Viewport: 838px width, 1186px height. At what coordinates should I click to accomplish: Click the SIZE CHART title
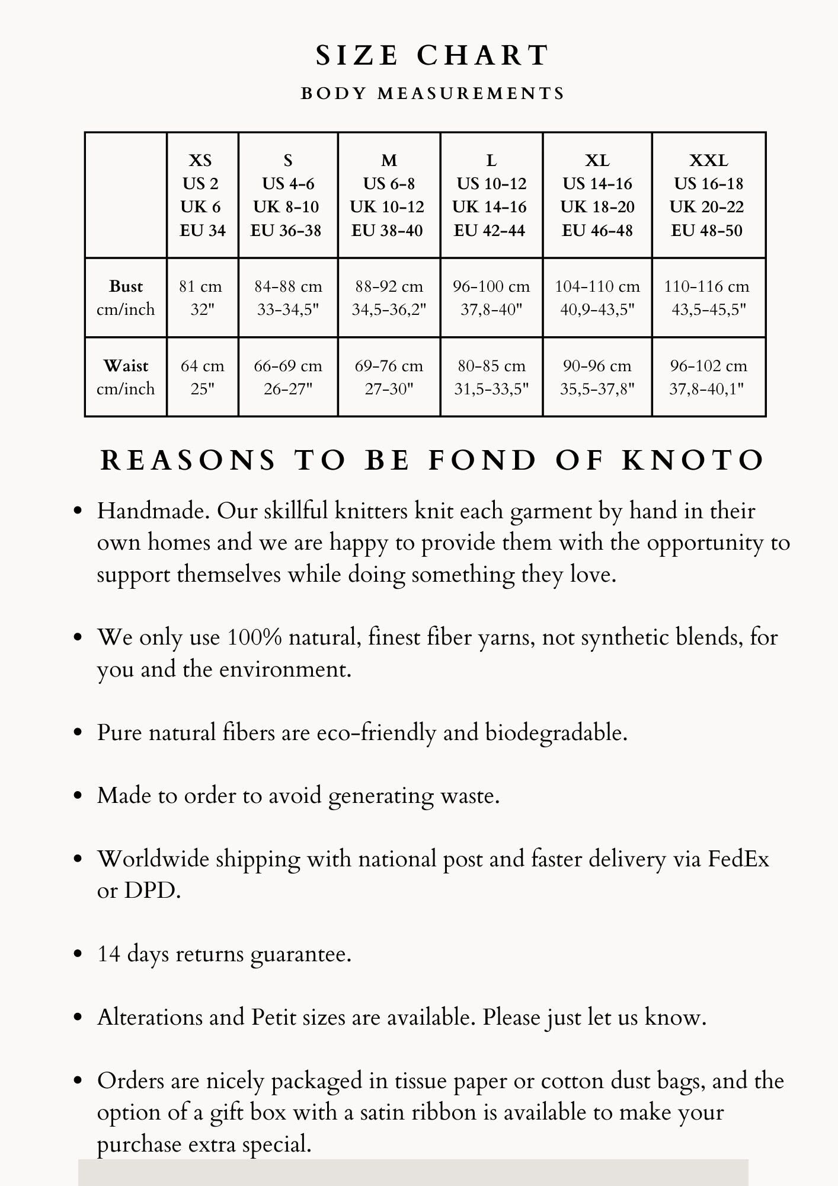click(433, 56)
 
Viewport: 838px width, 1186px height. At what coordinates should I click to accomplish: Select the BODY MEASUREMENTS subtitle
click(433, 94)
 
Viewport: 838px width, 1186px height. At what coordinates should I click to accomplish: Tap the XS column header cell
click(202, 195)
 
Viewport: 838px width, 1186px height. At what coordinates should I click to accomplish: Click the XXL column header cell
click(708, 195)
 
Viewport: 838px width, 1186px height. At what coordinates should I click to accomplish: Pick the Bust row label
click(126, 298)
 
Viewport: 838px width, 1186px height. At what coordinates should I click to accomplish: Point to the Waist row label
click(126, 377)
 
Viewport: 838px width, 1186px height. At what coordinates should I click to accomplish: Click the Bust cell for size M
click(389, 298)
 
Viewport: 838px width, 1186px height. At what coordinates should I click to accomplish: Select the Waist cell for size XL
click(597, 377)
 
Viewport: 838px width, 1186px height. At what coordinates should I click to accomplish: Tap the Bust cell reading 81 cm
click(202, 298)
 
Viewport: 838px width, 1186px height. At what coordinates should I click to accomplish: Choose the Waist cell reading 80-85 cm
click(491, 377)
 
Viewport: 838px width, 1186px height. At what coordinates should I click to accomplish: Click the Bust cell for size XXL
click(708, 298)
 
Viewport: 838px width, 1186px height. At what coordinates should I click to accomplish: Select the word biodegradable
click(556, 733)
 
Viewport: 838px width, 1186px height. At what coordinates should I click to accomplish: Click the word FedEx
click(738, 859)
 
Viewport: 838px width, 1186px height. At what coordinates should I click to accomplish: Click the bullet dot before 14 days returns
click(77, 954)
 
